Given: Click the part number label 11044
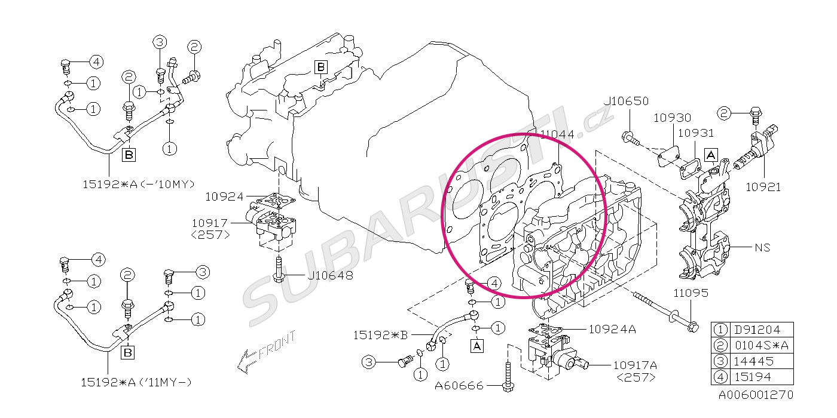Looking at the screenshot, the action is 557,134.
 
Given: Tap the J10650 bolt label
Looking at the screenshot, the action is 627,101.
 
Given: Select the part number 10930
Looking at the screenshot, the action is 672,118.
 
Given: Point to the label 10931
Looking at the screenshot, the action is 696,133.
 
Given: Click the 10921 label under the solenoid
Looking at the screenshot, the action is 763,187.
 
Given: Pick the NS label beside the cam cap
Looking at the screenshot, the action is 763,247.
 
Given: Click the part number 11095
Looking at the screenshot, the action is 691,293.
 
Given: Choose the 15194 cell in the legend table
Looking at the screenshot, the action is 753,377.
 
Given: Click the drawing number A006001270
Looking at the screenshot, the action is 756,395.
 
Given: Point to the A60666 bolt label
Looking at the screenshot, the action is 459,386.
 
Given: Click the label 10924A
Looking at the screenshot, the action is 612,329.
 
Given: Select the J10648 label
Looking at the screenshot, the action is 330,275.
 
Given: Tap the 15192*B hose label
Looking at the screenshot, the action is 380,335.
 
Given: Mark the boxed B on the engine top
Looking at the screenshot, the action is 321,67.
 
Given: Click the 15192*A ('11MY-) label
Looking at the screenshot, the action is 136,383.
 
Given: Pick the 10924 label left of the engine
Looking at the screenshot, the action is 224,196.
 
